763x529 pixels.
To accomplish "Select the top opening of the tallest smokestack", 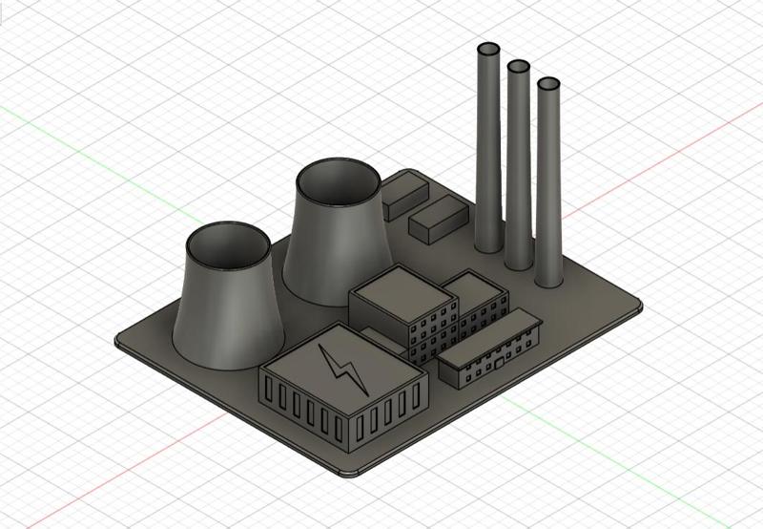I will point(487,50).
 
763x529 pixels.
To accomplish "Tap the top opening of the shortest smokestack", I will point(548,85).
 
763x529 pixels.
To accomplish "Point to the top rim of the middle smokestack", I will point(519,67).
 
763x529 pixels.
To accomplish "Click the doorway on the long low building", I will point(497,363).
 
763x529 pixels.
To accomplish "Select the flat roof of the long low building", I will point(486,334).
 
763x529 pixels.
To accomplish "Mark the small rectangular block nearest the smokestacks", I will point(438,219).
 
